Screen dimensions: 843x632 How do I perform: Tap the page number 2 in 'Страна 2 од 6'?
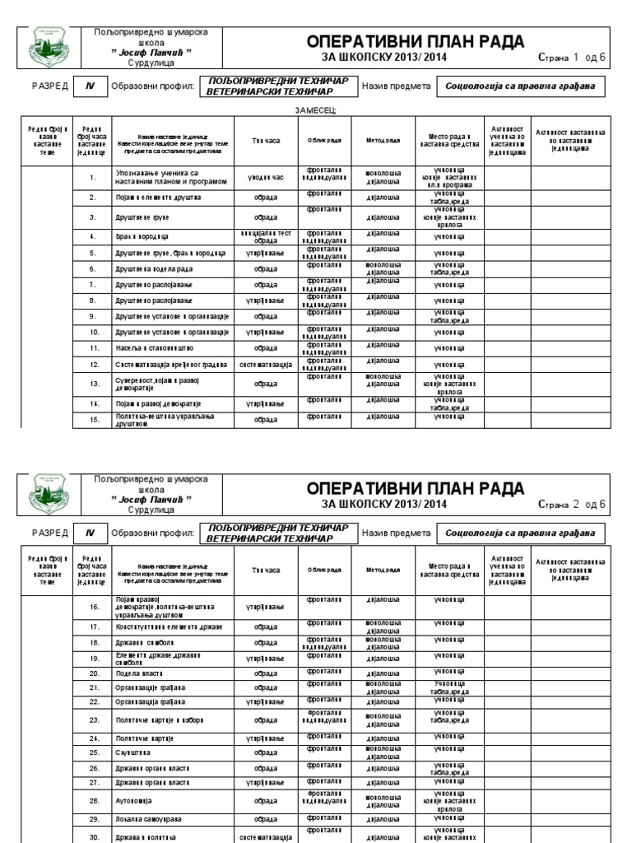point(575,503)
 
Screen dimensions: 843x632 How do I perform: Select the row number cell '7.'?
point(95,285)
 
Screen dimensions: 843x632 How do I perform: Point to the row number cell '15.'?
point(95,420)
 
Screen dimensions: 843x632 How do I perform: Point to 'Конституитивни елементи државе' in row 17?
point(167,626)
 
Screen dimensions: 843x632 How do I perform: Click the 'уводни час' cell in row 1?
point(266,177)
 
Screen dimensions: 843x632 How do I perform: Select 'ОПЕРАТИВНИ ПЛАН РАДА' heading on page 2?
point(416,487)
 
